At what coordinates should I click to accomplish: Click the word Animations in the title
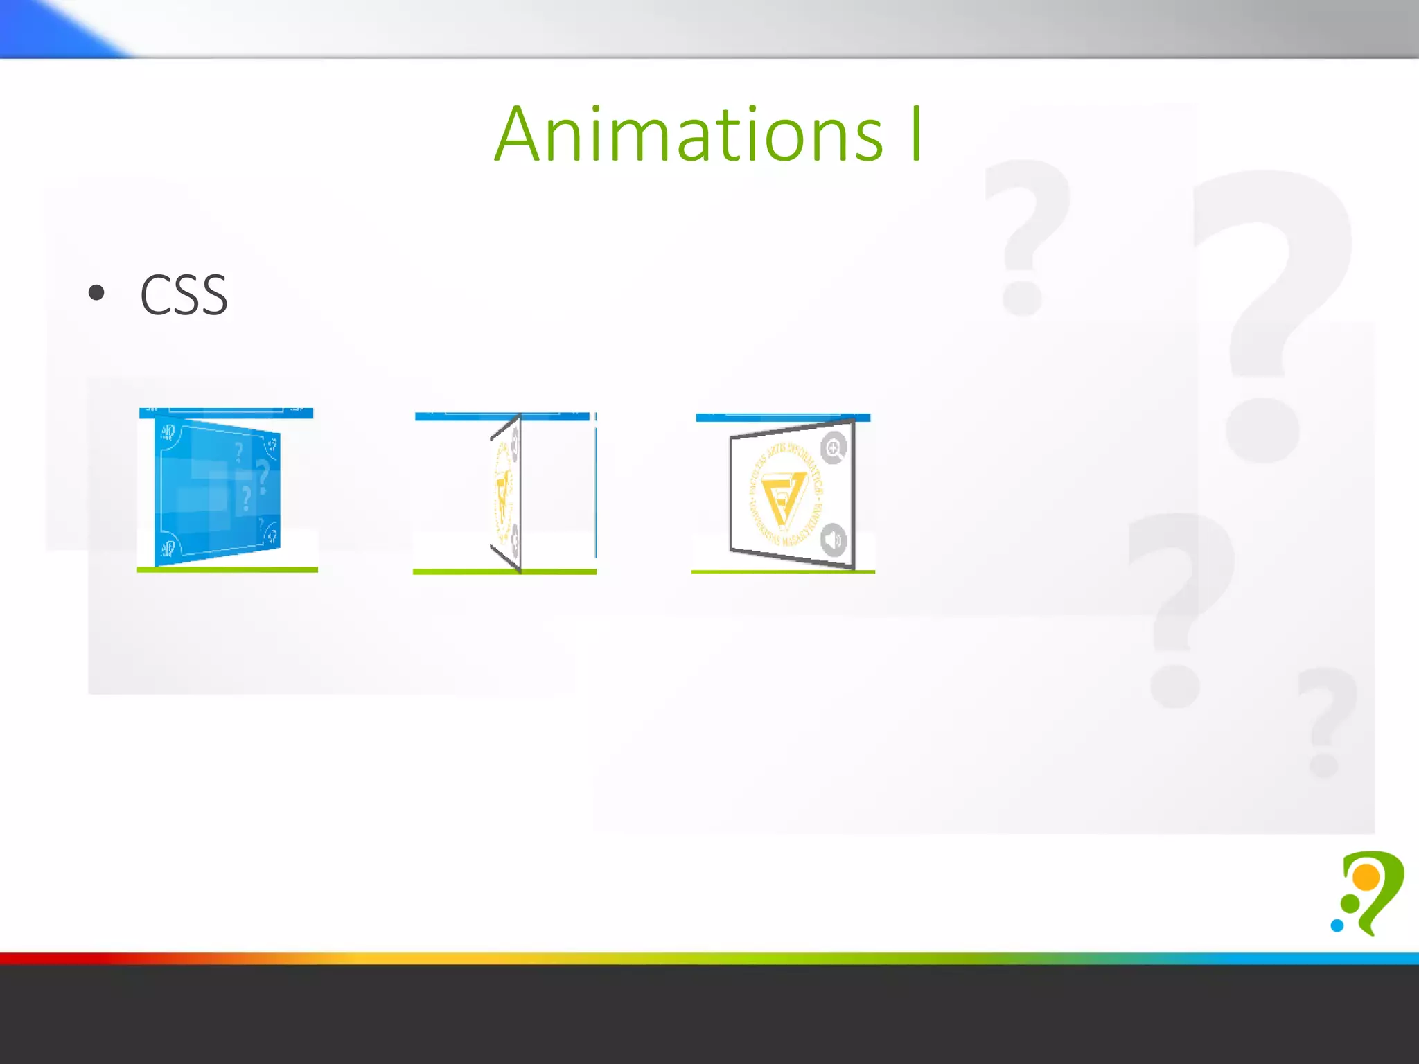coord(689,134)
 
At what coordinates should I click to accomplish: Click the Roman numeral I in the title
coord(916,134)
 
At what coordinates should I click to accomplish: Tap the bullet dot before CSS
coord(97,293)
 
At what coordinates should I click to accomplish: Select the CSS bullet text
coord(184,295)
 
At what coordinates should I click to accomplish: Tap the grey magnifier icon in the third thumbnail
coord(834,448)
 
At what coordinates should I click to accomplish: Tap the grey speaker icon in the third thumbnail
coord(834,539)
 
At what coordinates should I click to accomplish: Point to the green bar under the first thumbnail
coord(227,569)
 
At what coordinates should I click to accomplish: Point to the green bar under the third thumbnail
coord(783,571)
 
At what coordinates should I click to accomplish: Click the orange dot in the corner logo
coord(1366,878)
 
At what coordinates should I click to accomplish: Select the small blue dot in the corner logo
coord(1337,925)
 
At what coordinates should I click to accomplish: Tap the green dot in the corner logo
coord(1350,903)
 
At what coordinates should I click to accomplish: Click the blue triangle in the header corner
coord(49,28)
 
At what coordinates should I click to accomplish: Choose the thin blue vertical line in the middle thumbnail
coord(595,485)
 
